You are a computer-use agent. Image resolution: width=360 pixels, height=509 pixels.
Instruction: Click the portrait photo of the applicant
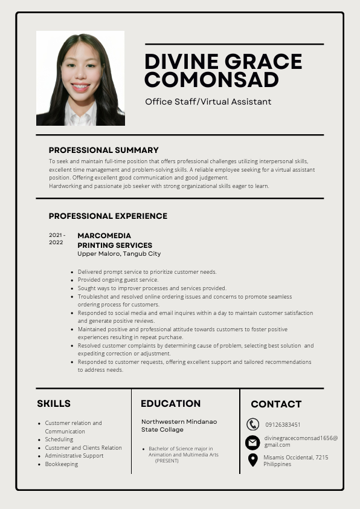point(80,79)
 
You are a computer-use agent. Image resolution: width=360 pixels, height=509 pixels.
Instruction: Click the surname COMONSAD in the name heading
point(212,79)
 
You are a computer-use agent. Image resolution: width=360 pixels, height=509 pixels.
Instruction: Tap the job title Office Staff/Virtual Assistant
point(208,102)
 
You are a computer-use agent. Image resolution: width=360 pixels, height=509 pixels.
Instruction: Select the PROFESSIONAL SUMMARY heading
point(103,150)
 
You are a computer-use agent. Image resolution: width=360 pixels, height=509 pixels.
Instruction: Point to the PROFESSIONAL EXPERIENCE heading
point(108,216)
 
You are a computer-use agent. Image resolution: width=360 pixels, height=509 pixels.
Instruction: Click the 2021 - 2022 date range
point(56,239)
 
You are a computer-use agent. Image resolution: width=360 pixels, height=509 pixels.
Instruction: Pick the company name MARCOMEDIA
point(104,235)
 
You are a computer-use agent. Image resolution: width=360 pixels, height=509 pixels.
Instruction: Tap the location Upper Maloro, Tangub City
point(119,254)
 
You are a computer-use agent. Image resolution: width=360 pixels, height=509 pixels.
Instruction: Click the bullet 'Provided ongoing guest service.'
point(118,280)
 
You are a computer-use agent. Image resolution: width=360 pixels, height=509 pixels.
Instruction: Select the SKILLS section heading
point(54,403)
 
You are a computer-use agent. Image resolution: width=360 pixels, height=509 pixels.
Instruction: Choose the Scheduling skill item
point(59,439)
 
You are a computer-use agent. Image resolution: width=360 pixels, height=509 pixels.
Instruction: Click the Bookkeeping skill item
point(62,464)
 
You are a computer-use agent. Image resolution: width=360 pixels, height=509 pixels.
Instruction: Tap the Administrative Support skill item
point(74,456)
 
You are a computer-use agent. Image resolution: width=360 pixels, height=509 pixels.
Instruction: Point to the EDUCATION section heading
point(170,403)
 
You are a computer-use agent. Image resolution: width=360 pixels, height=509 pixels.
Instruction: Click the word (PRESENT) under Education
point(166,461)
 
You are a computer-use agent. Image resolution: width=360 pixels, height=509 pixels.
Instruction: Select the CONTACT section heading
point(276,404)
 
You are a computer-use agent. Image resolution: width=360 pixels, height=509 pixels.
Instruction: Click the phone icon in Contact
point(252,424)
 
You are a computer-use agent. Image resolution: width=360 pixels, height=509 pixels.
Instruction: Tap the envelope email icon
point(252,442)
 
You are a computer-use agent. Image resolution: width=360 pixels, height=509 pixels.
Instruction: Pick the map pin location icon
point(252,460)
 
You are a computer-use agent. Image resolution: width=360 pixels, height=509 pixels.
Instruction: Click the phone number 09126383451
point(283,425)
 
